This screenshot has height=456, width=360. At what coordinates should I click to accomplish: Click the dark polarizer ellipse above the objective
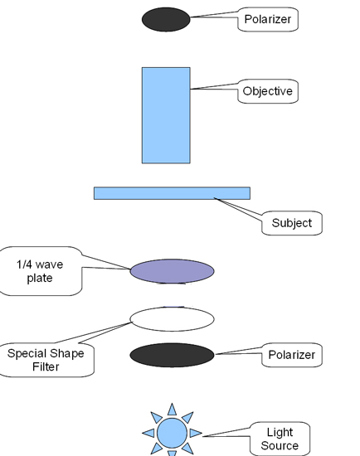coord(166,20)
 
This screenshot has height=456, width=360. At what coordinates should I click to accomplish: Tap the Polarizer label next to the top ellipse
coord(267,19)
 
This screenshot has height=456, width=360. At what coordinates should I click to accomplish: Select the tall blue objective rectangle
coord(166,115)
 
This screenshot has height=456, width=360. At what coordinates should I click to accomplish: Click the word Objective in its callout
coord(267,91)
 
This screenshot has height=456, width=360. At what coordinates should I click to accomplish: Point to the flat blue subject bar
coord(172,193)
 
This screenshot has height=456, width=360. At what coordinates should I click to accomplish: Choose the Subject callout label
coord(292,223)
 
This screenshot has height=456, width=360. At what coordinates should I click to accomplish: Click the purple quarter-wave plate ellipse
coord(172,271)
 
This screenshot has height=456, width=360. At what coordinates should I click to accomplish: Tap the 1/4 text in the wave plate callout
coord(24,264)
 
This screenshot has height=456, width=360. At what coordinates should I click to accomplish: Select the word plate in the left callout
coord(40,278)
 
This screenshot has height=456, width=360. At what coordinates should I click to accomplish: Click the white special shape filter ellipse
coord(172,319)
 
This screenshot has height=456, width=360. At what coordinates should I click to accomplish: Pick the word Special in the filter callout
coord(25,354)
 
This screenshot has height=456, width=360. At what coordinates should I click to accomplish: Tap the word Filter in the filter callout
coord(46,366)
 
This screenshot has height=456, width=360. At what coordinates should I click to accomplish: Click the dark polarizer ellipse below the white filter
coord(172,355)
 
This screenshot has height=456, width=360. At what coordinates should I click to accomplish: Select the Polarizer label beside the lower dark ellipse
coord(292,355)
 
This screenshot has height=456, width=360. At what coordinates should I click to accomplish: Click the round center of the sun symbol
coord(172,433)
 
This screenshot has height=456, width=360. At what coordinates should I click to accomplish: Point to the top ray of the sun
coord(172,410)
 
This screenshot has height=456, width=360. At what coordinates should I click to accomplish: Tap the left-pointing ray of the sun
coord(148,433)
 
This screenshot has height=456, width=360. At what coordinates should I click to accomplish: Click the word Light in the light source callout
coord(280,433)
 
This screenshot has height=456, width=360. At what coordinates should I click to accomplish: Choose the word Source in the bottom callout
coord(280,445)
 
